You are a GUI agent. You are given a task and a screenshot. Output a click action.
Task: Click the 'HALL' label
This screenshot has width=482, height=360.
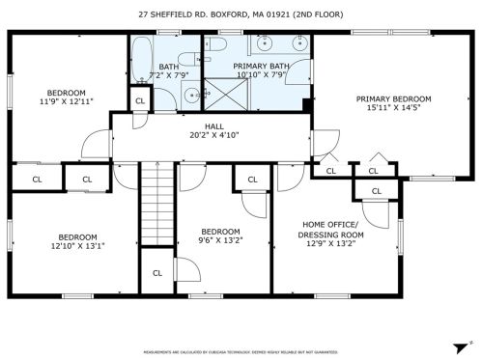(x=214, y=125)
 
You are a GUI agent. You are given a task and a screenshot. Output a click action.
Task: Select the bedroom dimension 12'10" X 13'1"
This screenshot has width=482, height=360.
(x=77, y=246)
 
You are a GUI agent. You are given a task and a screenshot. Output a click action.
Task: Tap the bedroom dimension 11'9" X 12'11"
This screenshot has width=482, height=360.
(x=66, y=101)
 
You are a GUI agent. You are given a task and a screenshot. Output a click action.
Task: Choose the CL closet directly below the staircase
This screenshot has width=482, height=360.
(x=157, y=273)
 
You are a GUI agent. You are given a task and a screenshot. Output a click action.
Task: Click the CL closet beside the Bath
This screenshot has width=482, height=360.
(x=141, y=100)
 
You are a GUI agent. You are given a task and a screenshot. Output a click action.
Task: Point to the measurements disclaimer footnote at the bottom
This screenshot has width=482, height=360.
(x=241, y=353)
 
